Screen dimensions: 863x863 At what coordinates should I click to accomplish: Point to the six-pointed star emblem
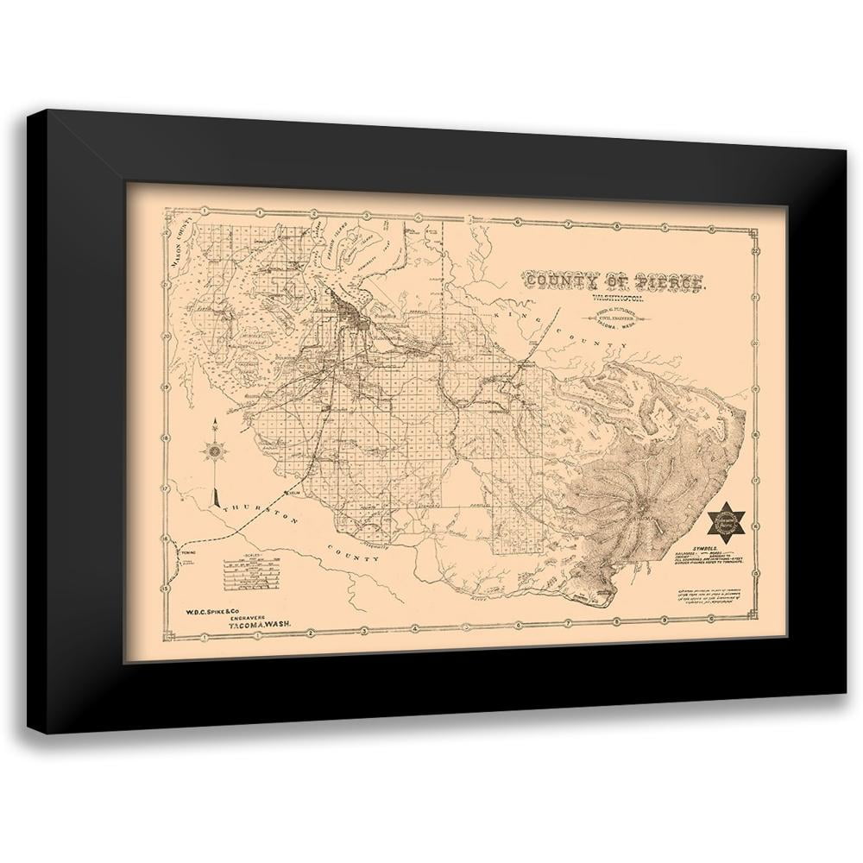[726, 521]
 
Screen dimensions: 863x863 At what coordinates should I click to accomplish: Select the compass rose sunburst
[215, 450]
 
